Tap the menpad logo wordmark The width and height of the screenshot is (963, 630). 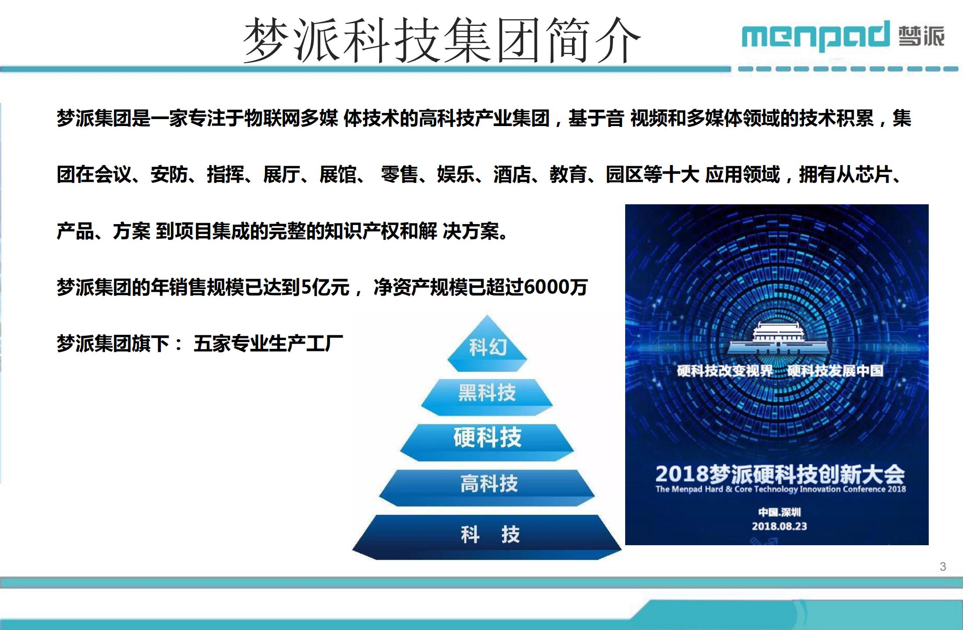[815, 35]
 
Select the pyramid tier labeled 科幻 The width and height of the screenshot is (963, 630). [487, 344]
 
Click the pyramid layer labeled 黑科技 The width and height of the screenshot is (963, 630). [487, 397]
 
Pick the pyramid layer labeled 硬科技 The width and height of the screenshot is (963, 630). [487, 442]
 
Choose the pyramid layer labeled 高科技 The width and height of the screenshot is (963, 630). [487, 488]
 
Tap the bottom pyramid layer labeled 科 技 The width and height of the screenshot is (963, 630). [487, 537]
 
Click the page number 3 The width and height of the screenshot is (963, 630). [943, 567]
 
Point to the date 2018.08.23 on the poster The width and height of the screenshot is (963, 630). [779, 526]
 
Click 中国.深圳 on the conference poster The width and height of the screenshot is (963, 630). [779, 512]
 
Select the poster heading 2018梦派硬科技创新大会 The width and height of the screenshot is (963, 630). [780, 474]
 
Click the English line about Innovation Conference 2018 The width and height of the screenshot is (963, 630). [781, 489]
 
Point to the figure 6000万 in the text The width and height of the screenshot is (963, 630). [556, 287]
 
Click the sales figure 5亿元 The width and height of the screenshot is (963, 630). [325, 287]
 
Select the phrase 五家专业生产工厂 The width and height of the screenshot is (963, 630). [268, 344]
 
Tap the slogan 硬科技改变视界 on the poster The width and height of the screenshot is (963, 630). [725, 371]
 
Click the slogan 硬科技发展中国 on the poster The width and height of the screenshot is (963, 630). [835, 371]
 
